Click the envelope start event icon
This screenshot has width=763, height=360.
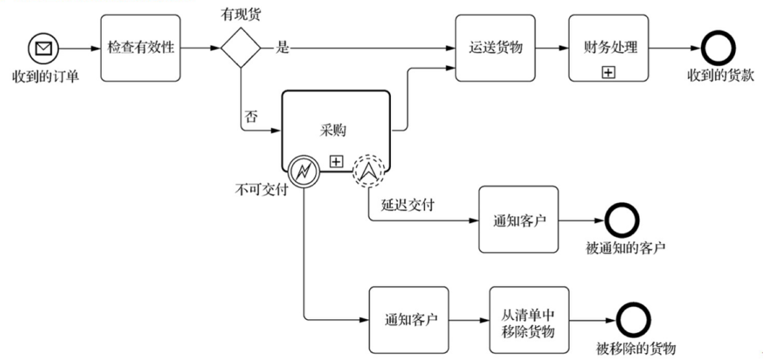44,48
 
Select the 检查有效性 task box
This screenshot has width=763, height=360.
139,48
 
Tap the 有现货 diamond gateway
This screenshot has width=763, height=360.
241,47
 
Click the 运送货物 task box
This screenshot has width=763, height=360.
495,48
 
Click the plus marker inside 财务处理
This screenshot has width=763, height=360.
608,73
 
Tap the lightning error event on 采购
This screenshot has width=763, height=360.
303,171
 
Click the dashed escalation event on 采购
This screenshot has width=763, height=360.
369,171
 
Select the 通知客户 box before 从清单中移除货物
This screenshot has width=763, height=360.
408,320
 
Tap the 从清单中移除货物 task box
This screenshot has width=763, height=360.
529,320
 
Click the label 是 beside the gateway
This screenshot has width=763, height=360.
283,49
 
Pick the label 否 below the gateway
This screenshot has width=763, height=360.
251,117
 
